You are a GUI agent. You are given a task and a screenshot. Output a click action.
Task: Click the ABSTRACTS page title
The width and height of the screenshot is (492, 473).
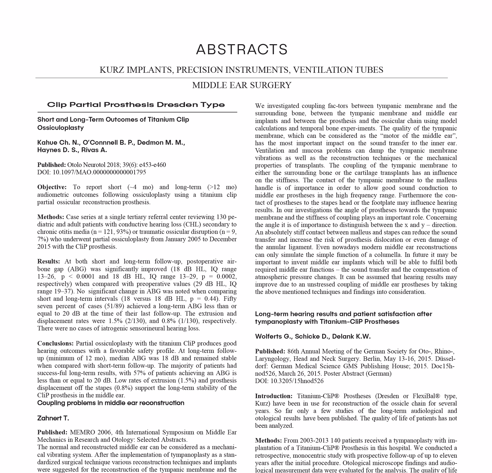coord(242,49)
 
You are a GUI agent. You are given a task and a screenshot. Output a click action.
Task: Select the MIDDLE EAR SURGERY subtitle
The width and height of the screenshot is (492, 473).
coord(242,85)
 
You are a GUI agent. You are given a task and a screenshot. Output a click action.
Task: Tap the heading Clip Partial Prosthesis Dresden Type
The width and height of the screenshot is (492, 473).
coord(136,105)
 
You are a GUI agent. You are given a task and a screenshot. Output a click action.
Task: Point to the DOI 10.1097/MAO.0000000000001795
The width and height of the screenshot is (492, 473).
coord(99,172)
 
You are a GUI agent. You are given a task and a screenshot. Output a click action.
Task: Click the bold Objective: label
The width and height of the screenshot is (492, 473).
coord(52,187)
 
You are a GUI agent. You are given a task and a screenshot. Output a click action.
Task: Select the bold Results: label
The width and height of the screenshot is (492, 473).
coord(49,261)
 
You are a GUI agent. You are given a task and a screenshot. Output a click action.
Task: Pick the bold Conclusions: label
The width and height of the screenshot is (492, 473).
coord(55,343)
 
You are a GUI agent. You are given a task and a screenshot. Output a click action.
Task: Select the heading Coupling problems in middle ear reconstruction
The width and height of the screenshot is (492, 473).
coord(111,403)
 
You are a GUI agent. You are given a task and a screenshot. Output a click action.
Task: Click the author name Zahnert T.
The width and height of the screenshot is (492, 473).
coord(53,418)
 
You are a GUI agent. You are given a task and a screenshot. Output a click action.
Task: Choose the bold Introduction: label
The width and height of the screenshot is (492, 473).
coord(274,396)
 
